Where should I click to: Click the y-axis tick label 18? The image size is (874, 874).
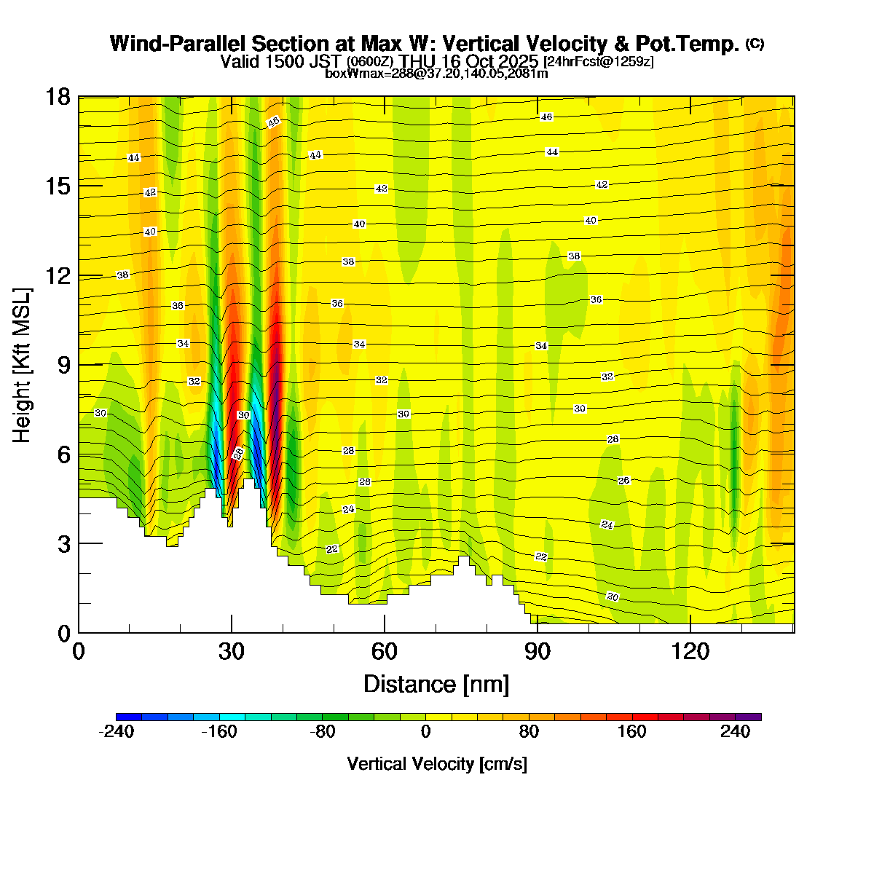coord(58,97)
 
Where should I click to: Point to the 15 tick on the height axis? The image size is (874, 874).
coord(58,186)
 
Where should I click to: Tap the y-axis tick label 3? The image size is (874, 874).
coord(63,544)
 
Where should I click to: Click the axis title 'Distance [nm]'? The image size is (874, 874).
coord(436,685)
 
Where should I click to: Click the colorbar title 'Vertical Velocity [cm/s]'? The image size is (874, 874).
coord(437,764)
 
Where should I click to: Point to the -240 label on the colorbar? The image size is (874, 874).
coord(116,732)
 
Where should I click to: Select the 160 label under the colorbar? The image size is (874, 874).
coord(631,732)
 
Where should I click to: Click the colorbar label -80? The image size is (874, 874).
coord(322,732)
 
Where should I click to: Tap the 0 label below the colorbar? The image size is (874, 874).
coord(425,732)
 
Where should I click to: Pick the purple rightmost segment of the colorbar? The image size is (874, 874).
coord(748,717)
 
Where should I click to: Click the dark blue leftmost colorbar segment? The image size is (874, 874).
coord(129,717)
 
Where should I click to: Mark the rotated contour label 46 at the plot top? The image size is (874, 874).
coord(273,122)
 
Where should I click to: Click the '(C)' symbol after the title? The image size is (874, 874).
coord(755,44)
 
